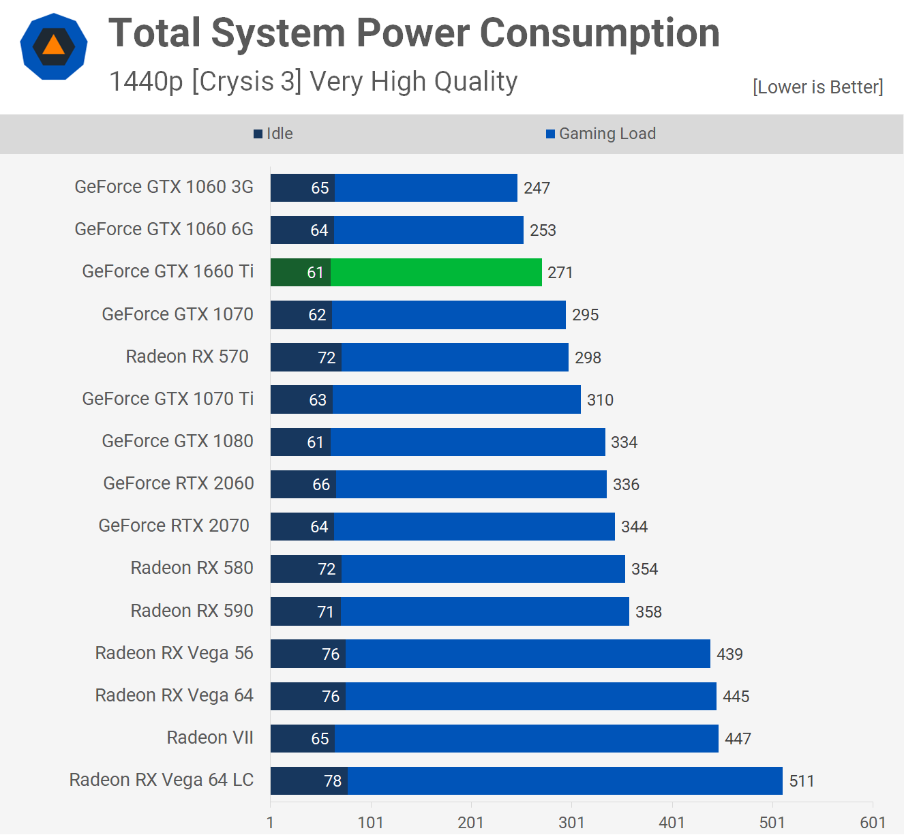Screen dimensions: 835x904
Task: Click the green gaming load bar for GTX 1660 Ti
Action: pyautogui.click(x=436, y=273)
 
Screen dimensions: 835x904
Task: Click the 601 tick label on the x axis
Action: pyautogui.click(x=873, y=822)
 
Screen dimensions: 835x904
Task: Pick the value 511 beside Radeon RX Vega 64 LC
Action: pyautogui.click(x=802, y=781)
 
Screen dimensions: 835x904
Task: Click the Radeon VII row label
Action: pyautogui.click(x=210, y=738)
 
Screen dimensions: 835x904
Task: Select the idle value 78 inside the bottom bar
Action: pyautogui.click(x=333, y=781)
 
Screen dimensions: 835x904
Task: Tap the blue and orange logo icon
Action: pyautogui.click(x=54, y=46)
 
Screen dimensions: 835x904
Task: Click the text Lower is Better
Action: pyautogui.click(x=817, y=87)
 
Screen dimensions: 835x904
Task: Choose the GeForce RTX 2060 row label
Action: pyautogui.click(x=179, y=483)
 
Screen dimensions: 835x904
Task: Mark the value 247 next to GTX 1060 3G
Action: pyautogui.click(x=537, y=188)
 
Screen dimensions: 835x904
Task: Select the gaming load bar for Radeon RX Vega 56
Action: pyautogui.click(x=528, y=654)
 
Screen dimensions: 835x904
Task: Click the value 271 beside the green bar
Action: pyautogui.click(x=560, y=273)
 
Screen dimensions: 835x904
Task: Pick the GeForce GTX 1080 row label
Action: pyautogui.click(x=177, y=441)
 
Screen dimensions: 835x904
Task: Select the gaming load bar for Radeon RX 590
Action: pyautogui.click(x=485, y=611)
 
